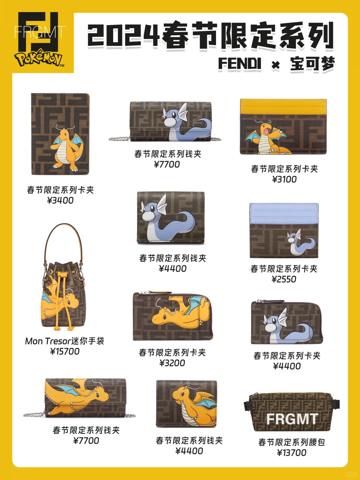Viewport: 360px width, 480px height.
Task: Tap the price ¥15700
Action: pyautogui.click(x=65, y=351)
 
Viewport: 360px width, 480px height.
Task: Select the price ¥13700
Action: pyautogui.click(x=292, y=453)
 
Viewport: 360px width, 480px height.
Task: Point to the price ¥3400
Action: pyautogui.click(x=60, y=200)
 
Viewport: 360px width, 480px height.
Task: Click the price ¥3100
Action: pyautogui.click(x=284, y=179)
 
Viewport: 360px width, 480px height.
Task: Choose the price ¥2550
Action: pyautogui.click(x=284, y=279)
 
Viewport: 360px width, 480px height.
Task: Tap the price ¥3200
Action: pyautogui.click(x=172, y=363)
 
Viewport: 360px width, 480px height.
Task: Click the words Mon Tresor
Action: pyautogui.click(x=48, y=341)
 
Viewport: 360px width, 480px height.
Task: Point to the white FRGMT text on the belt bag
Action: pyautogui.click(x=292, y=419)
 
